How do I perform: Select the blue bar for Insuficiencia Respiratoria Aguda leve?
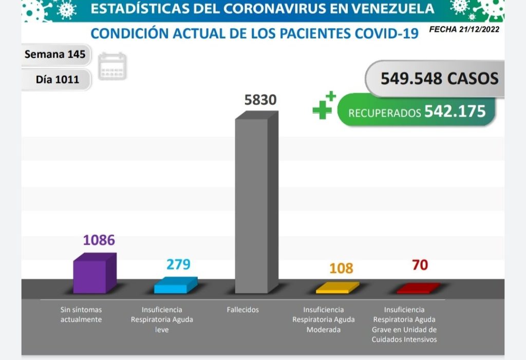(175, 286)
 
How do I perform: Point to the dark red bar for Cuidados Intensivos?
(418, 288)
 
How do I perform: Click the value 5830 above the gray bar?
(260, 100)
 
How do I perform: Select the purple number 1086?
(99, 240)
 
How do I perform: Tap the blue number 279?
(178, 264)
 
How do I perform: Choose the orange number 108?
(341, 268)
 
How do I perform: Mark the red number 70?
(420, 265)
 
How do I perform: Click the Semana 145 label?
(55, 54)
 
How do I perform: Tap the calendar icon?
(112, 66)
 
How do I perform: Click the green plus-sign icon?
(324, 106)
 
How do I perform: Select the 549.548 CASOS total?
(439, 79)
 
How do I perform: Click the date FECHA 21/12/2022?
(464, 29)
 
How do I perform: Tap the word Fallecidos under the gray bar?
(243, 310)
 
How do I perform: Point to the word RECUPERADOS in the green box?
(385, 113)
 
